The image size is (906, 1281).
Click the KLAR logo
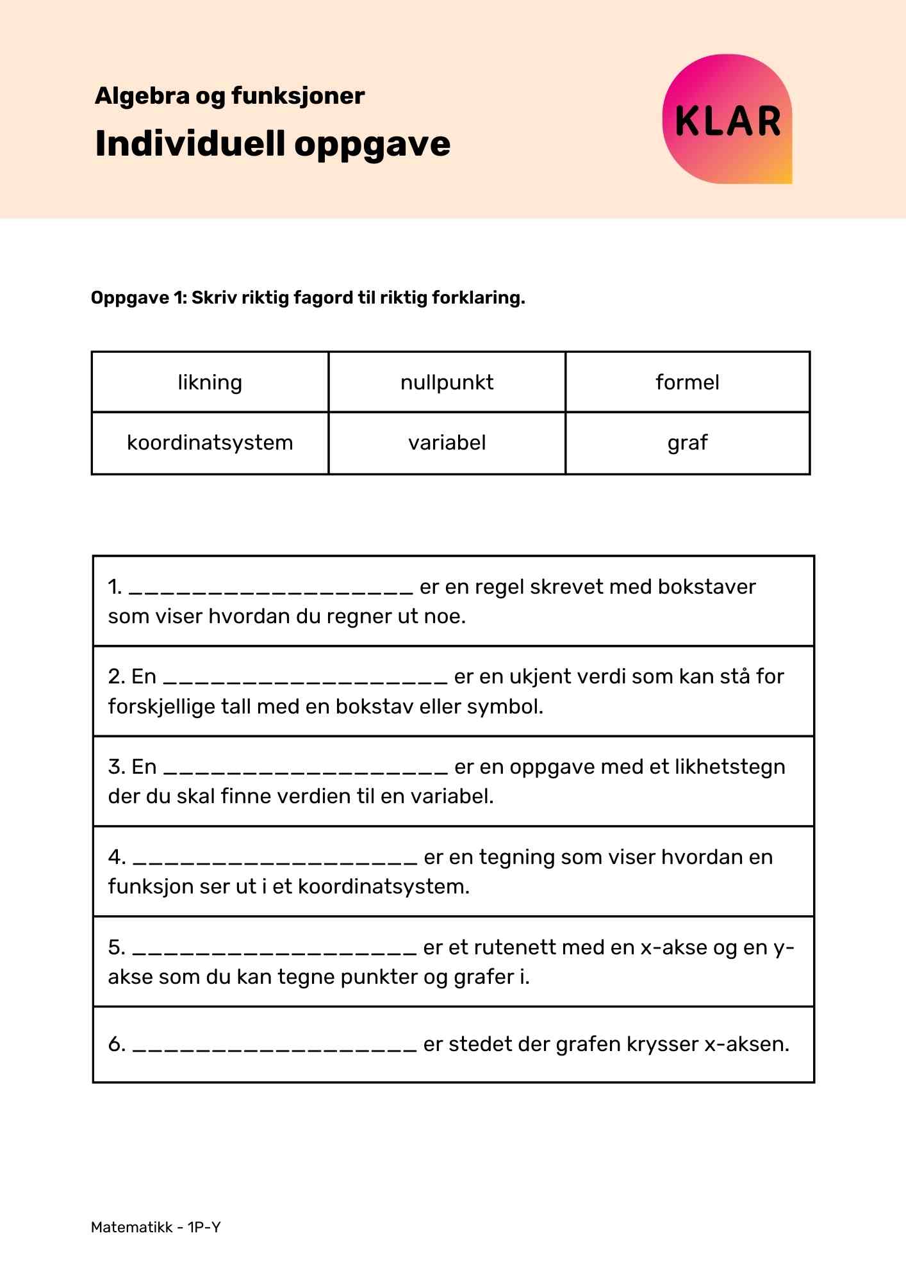[727, 120]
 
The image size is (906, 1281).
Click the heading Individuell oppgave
[273, 143]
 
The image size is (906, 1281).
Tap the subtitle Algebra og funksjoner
[229, 96]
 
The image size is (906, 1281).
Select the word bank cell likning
[210, 382]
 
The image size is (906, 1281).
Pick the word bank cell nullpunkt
[447, 382]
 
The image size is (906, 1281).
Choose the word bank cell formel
[687, 382]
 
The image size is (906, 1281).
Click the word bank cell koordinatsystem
[210, 443]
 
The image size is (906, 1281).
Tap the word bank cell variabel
[447, 443]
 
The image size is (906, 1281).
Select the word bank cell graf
[687, 443]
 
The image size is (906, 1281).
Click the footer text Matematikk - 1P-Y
[156, 1227]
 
